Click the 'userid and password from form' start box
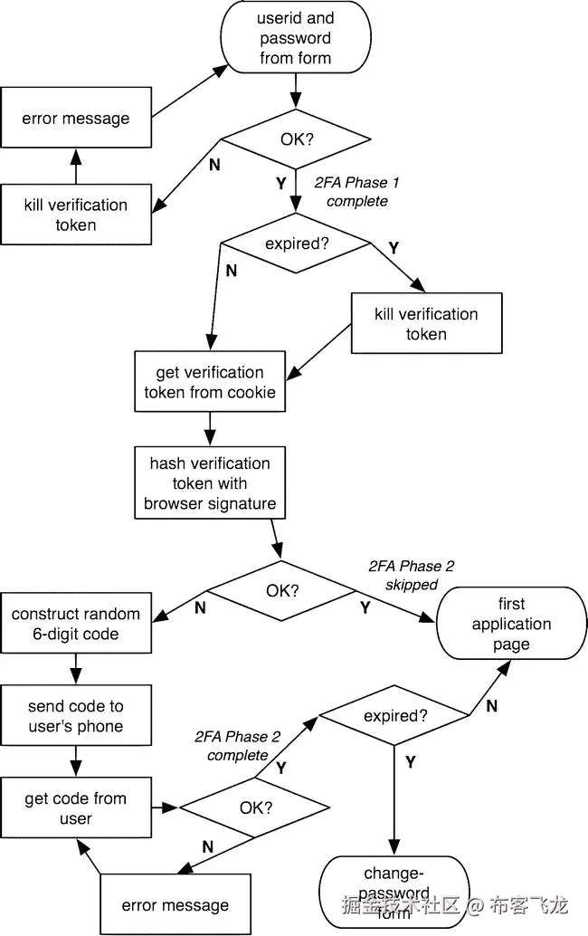[x=296, y=38]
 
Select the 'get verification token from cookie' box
[x=210, y=382]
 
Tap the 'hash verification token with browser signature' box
[x=210, y=483]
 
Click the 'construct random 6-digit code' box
[x=76, y=624]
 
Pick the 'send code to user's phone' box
[x=76, y=716]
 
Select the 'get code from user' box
[x=76, y=808]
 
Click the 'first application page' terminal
[x=511, y=624]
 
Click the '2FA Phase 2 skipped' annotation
[x=412, y=576]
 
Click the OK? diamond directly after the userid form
[x=296, y=140]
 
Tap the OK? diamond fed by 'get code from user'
[x=254, y=807]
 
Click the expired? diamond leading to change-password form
[x=395, y=716]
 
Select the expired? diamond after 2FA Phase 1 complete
[x=296, y=244]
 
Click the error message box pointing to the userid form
[x=76, y=118]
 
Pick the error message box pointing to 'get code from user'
[x=175, y=904]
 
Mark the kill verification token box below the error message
[x=76, y=215]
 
